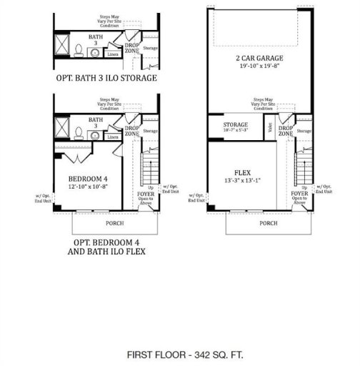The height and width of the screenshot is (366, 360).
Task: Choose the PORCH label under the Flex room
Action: click(x=269, y=224)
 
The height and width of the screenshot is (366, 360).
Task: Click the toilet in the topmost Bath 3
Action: click(x=78, y=49)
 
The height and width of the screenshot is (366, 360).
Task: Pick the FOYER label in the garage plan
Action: click(x=299, y=192)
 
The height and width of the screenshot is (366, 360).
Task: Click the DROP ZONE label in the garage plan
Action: click(x=286, y=132)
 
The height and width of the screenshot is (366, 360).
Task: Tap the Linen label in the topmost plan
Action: click(x=112, y=52)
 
